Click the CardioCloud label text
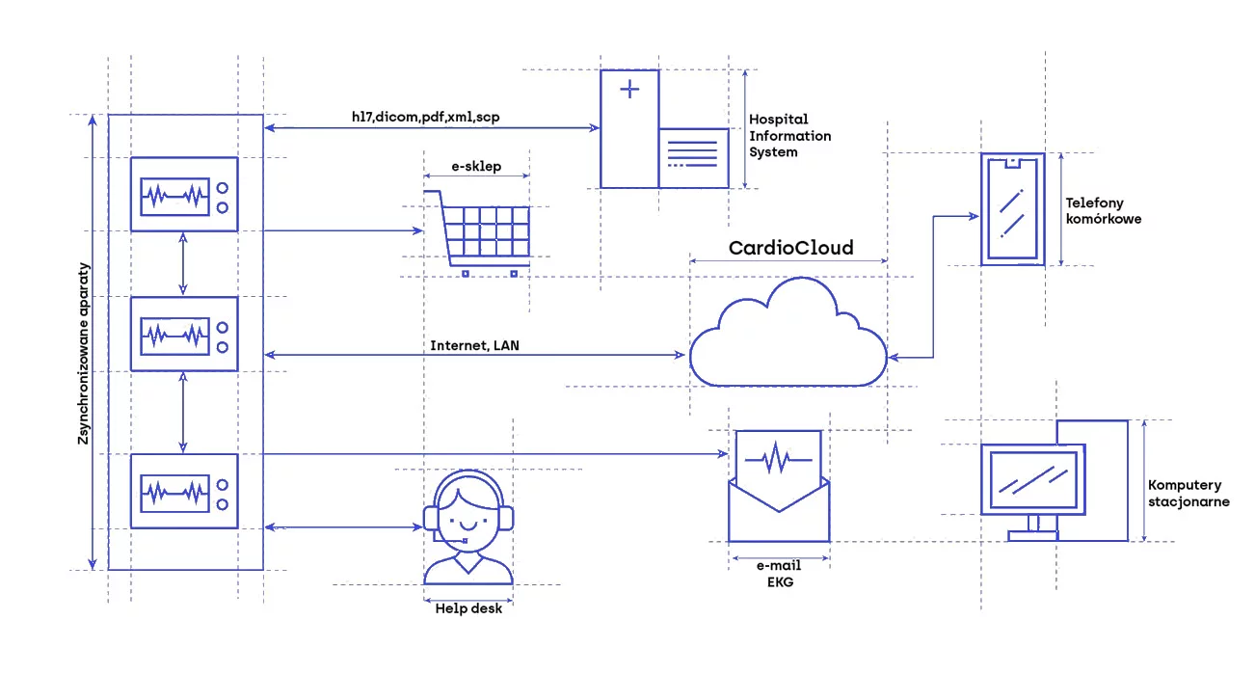[790, 248]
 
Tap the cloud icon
[788, 334]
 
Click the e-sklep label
[476, 166]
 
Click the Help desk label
[468, 608]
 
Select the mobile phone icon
[1011, 208]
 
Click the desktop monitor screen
[1029, 480]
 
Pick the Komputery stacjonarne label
[1188, 493]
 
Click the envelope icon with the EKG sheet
[779, 486]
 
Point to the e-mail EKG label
[779, 574]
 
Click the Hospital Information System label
[789, 135]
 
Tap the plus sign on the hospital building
[629, 90]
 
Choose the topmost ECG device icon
[184, 194]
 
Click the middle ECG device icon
[184, 334]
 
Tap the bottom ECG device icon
[184, 491]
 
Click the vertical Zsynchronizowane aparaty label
[85, 354]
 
